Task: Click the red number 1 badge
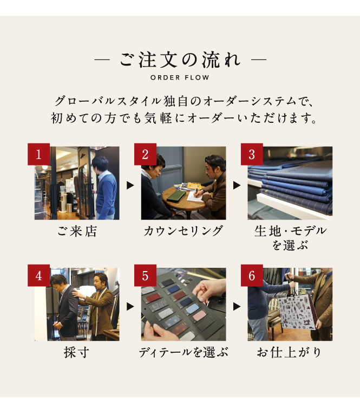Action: (x=38, y=154)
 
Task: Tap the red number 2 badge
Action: (x=145, y=154)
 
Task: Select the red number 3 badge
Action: (x=252, y=154)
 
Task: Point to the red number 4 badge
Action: (x=38, y=275)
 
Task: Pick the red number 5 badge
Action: (x=145, y=275)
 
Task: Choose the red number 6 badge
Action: (x=252, y=275)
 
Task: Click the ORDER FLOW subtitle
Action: (x=180, y=77)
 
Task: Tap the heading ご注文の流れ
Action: (x=180, y=60)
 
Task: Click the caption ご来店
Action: (x=77, y=231)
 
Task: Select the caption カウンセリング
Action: (x=184, y=231)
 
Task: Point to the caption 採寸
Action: (x=76, y=352)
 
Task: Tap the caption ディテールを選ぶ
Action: (x=184, y=352)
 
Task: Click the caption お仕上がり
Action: (x=289, y=352)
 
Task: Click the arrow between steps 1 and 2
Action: (x=130, y=186)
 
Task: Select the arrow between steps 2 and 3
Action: (x=237, y=186)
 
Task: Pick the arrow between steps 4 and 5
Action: (x=130, y=307)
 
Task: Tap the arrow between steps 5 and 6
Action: (x=237, y=307)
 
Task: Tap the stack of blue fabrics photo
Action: (x=290, y=183)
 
